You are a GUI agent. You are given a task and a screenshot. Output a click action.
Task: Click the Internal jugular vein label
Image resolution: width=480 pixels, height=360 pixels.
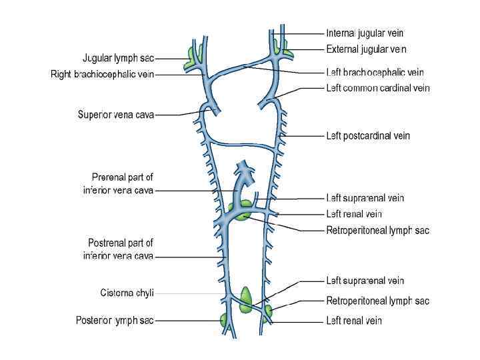point(364,33)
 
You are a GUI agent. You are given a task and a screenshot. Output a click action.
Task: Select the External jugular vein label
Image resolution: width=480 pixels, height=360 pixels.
point(366,49)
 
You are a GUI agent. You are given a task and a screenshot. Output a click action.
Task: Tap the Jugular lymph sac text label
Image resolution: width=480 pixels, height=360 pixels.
point(119,58)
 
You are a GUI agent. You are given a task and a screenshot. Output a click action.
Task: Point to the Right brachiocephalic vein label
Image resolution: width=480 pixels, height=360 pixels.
point(102,75)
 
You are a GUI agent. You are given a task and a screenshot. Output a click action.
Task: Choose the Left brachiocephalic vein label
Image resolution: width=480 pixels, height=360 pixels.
point(375,72)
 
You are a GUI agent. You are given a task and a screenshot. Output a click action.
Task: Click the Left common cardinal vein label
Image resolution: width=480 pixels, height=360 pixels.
point(377,88)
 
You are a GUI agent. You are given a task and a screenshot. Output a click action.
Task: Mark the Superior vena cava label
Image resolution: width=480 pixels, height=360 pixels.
point(116,115)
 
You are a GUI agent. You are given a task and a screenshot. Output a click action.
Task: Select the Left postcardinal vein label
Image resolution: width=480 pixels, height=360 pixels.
point(367,136)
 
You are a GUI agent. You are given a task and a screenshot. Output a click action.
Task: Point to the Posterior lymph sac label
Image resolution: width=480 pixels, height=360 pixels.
point(115,321)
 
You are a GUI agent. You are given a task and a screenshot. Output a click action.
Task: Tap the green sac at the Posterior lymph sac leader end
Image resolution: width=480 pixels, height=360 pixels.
point(225,319)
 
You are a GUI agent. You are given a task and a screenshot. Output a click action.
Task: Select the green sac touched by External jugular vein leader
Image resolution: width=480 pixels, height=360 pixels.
point(281,47)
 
